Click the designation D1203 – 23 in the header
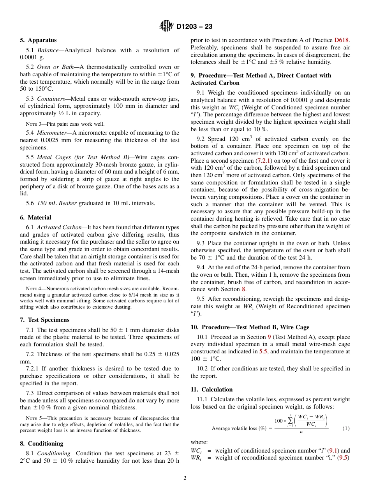coord(194,27)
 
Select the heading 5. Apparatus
coord(38,40)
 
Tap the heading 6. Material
coord(35,218)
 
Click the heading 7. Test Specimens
coord(44,320)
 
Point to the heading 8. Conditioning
coord(41,444)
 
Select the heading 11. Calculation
coord(211,390)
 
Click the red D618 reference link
coord(342,40)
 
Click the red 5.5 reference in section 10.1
coord(263,351)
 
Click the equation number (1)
coord(346,428)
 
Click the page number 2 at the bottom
coord(185,478)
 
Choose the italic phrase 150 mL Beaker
coord(57,203)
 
